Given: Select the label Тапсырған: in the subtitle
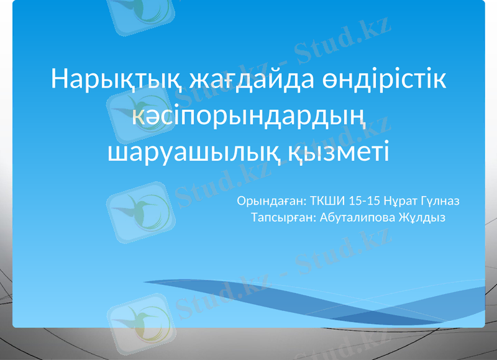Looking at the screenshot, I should pyautogui.click(x=282, y=217).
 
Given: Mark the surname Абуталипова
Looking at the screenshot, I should pyautogui.click(x=359, y=217).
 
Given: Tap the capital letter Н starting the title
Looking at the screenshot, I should pyautogui.click(x=59, y=80).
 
